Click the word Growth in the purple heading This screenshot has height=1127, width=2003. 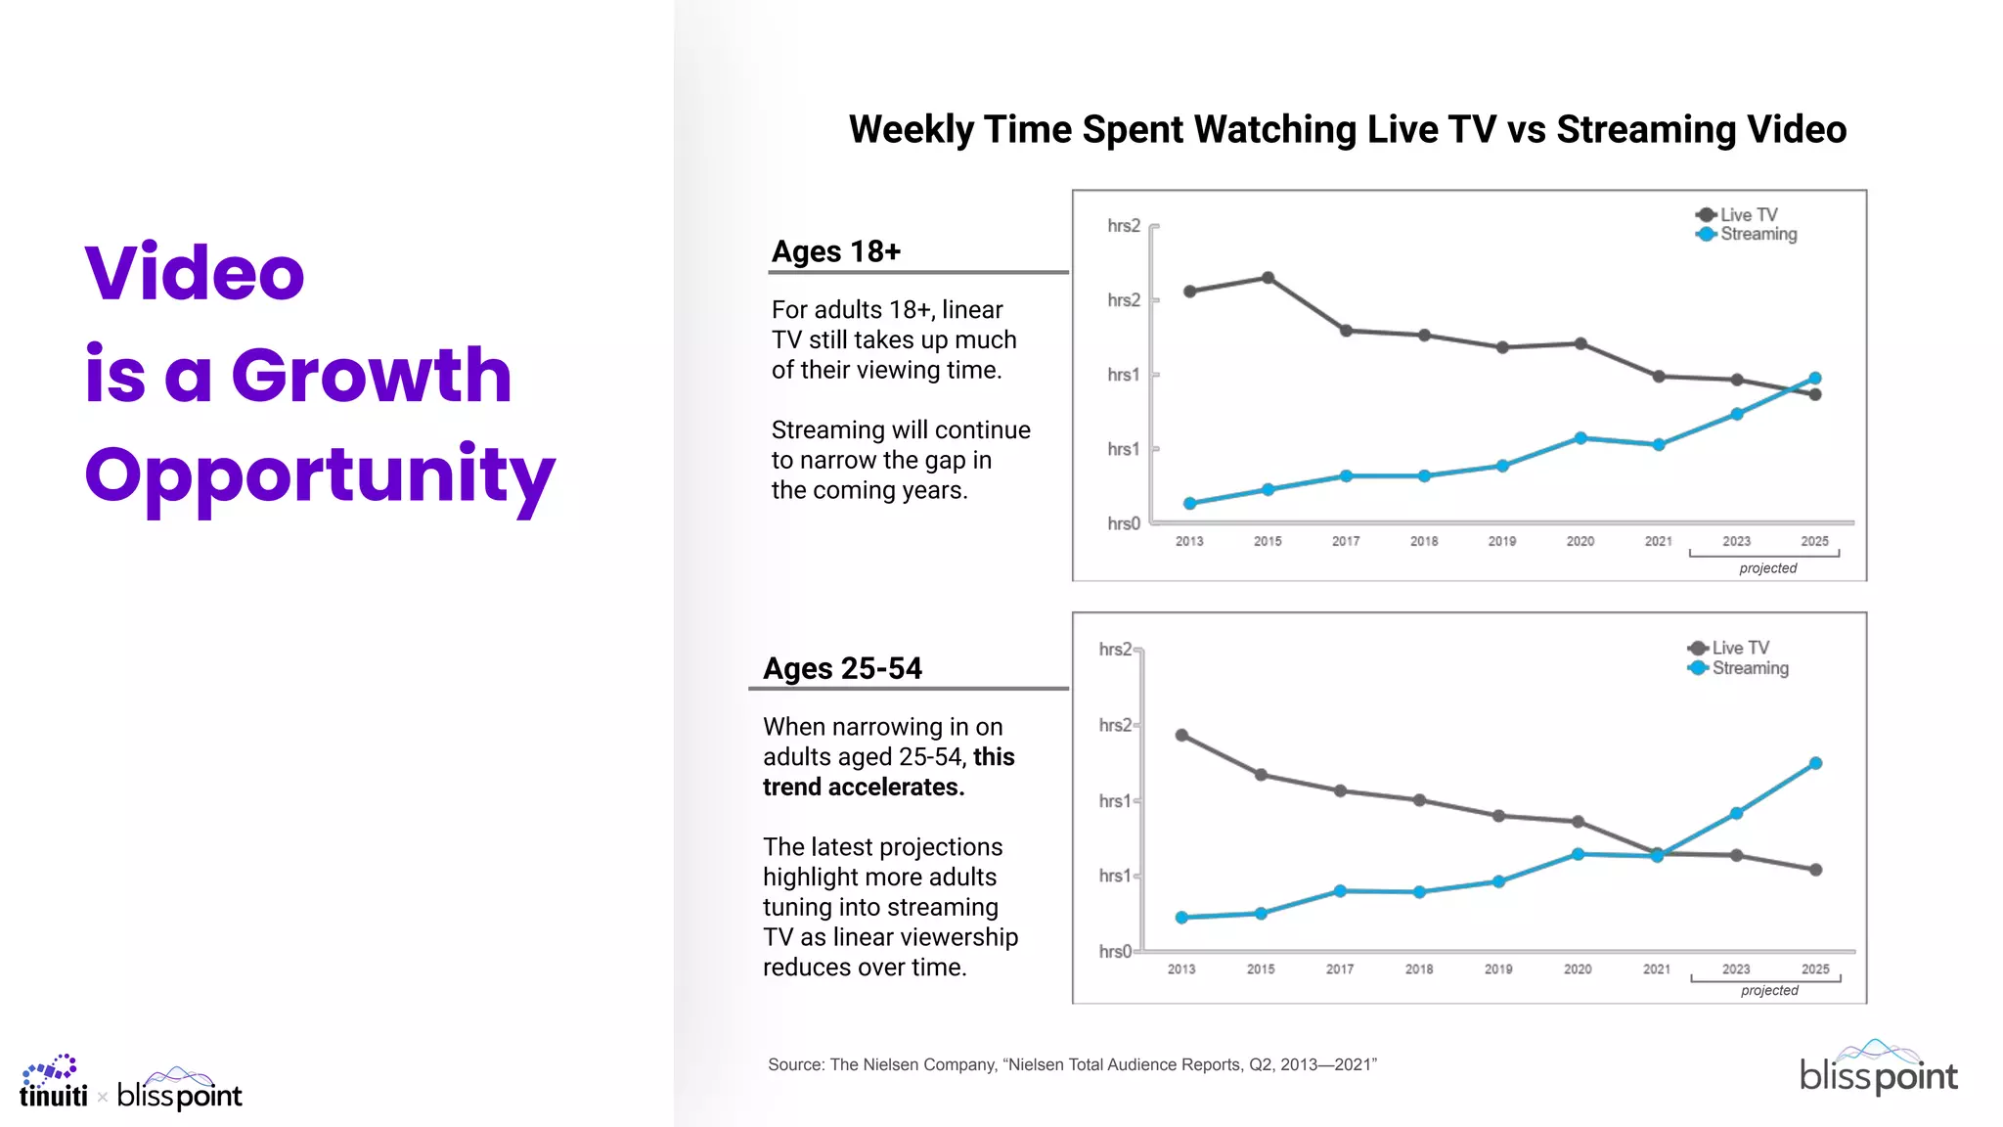371,376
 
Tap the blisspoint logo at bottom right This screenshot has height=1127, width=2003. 1878,1068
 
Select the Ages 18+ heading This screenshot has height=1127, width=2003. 835,252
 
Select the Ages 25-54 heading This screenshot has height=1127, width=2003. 842,669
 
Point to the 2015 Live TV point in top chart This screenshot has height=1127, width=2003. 1268,278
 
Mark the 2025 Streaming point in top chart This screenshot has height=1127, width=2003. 1815,378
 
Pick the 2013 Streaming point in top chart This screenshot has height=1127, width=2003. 1189,504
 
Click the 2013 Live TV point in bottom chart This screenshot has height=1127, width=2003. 1181,735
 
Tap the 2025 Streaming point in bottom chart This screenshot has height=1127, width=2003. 1815,763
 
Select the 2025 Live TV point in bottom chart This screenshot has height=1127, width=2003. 1815,870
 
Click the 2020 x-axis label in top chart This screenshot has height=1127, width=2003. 1580,541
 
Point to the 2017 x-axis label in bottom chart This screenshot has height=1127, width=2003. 1340,969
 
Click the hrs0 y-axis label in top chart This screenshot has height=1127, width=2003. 1123,524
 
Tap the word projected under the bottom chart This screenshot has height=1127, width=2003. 1769,991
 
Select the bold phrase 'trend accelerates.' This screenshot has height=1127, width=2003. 864,788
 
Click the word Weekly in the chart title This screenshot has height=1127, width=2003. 911,130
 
